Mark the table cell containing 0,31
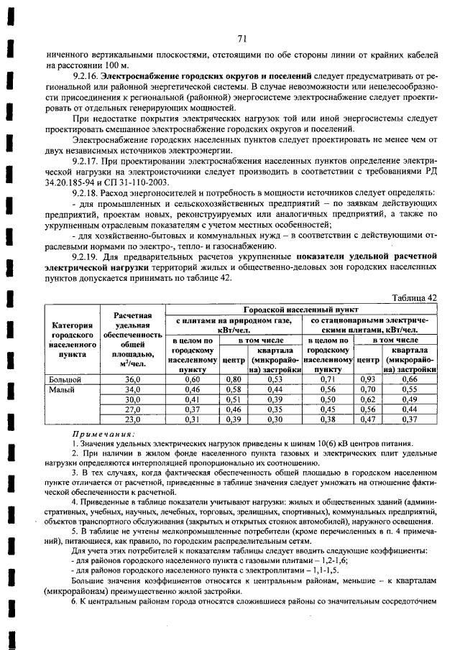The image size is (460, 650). (191, 419)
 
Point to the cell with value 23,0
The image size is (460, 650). (132, 419)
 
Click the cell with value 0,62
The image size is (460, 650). (368, 399)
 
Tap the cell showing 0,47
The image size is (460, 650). (368, 419)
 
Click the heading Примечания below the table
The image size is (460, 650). (103, 435)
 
